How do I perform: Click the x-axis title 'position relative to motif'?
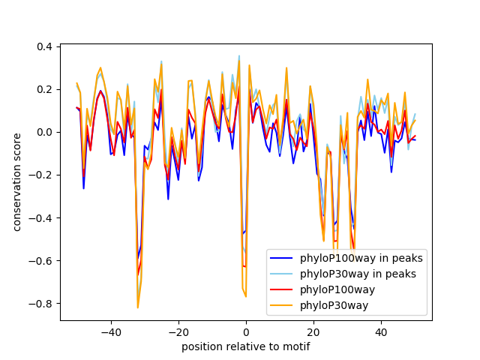coord(245,346)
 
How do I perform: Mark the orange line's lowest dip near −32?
coord(138,307)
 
